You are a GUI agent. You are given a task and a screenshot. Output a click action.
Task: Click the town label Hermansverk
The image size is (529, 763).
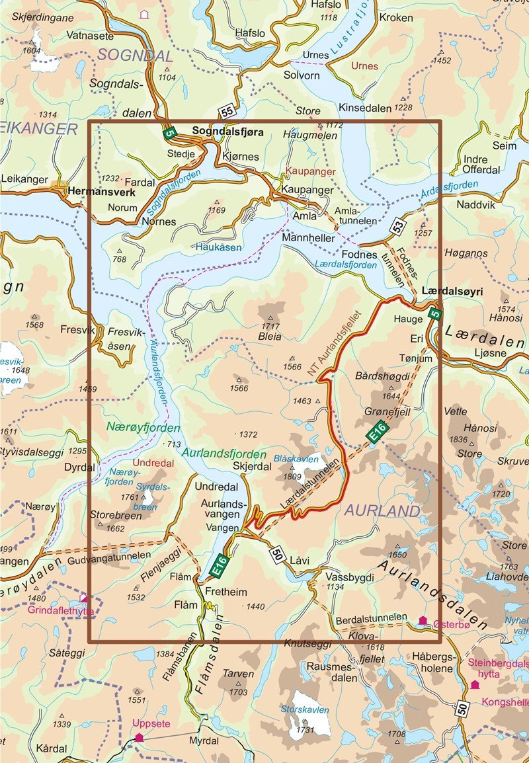pyautogui.click(x=101, y=192)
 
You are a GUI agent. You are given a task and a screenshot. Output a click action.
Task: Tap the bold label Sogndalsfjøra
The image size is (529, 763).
pyautogui.click(x=227, y=132)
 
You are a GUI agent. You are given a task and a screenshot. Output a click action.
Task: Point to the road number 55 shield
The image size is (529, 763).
pyautogui.click(x=227, y=113)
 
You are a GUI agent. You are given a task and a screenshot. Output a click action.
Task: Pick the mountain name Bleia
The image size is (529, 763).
pyautogui.click(x=270, y=337)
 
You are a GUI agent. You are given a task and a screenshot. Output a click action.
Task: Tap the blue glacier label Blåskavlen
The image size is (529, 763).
pyautogui.click(x=296, y=458)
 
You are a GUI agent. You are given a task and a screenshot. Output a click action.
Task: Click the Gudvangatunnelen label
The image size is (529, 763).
pyautogui.click(x=109, y=555)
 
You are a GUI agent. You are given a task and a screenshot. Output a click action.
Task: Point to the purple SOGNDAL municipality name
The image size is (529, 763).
pyautogui.click(x=135, y=55)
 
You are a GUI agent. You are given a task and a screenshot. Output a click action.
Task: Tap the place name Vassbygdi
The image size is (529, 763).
pyautogui.click(x=349, y=577)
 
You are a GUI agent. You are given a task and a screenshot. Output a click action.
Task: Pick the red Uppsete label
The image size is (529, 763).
pyautogui.click(x=146, y=723)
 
